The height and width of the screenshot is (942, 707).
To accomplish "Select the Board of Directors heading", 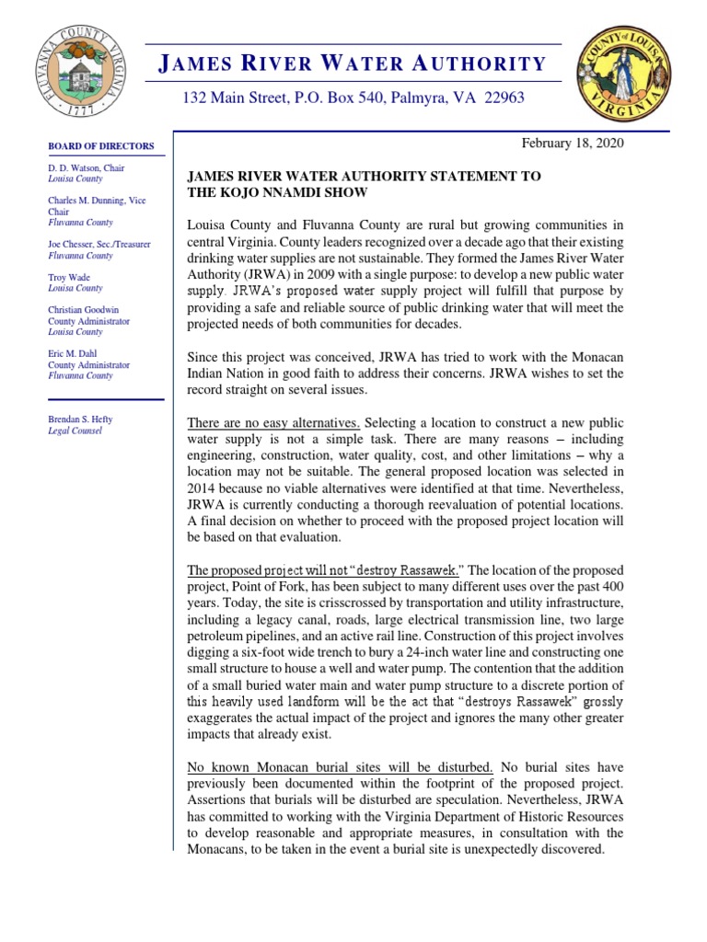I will tap(101, 146).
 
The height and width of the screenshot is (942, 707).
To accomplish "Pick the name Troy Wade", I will tap(70, 277).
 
